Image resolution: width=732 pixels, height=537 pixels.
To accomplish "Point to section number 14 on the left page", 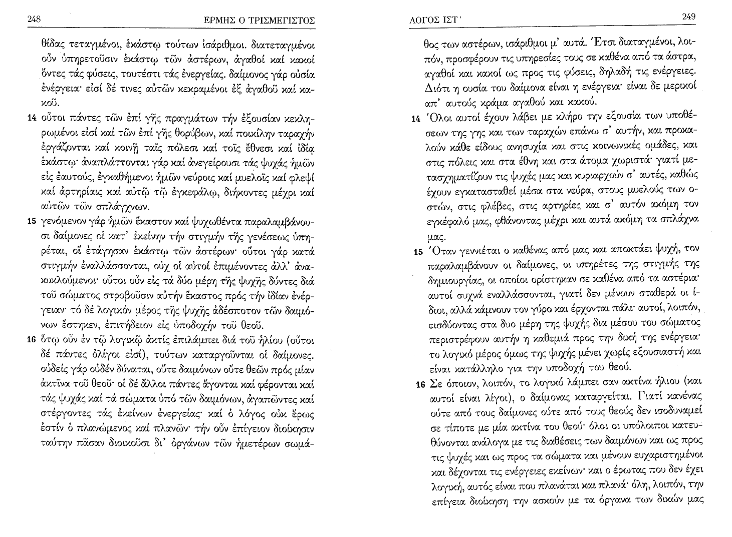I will pyautogui.click(x=30, y=121).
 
